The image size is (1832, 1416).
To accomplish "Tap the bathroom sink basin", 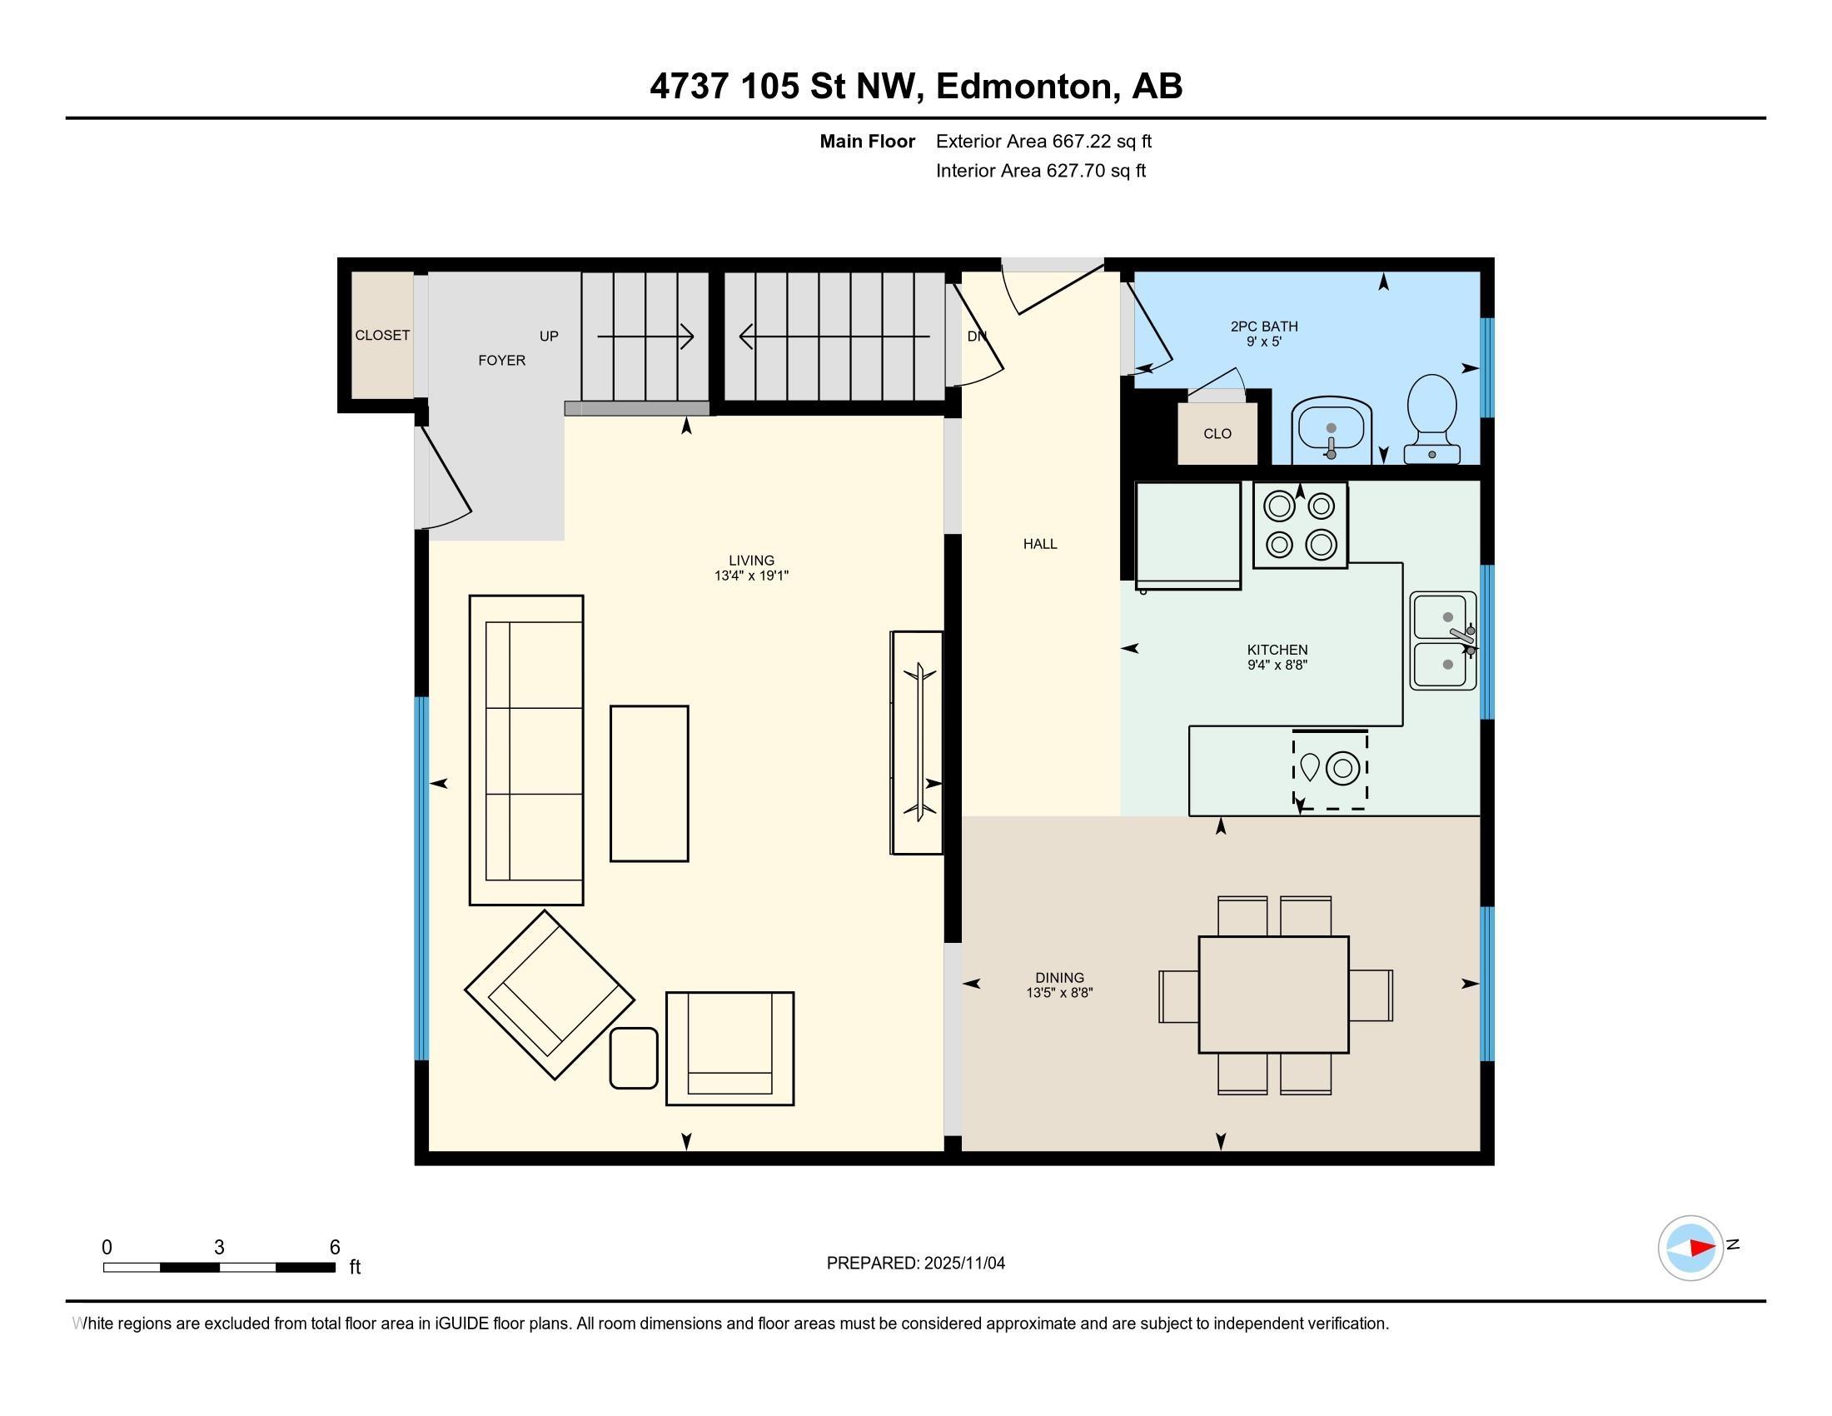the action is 1332,429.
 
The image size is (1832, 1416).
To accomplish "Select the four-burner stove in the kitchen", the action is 1300,525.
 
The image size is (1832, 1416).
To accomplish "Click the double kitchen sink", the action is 1444,641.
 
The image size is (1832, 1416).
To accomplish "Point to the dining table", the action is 1273,994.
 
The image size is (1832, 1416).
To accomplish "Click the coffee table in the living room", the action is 650,784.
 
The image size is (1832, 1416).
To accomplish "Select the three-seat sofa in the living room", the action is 526,750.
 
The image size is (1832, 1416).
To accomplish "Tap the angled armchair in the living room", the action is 550,995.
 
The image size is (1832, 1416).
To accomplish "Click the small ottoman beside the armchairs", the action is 634,1058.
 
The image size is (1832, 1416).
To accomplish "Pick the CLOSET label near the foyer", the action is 382,336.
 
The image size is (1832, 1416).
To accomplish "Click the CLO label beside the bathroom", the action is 1217,434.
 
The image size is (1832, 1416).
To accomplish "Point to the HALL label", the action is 1040,544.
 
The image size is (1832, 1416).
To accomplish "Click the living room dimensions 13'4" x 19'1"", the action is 752,576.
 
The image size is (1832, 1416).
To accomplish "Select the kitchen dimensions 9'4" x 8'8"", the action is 1277,666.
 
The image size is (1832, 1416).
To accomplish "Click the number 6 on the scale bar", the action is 335,1247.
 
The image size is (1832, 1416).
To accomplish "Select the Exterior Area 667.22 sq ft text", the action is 1044,142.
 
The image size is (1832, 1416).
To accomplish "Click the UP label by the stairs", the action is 549,337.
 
